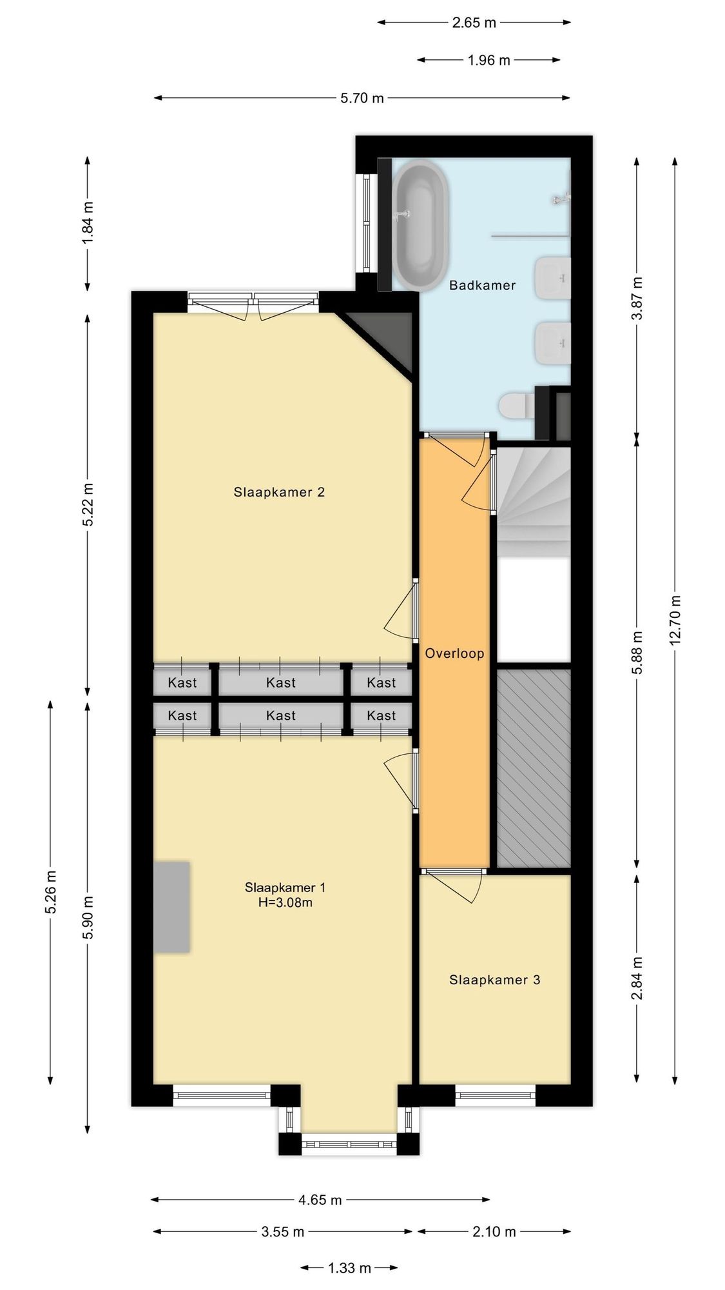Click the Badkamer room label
482,285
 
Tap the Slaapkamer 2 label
279,492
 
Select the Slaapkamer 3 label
494,980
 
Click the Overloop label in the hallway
454,653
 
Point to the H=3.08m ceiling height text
285,902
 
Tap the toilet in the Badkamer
516,406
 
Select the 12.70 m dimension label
675,620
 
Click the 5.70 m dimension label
362,98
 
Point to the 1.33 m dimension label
349,1268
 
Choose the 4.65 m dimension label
320,1200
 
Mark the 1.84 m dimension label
88,223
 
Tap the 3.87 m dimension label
637,298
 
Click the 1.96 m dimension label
488,60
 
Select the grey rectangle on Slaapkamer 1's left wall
171,907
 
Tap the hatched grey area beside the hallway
534,768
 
